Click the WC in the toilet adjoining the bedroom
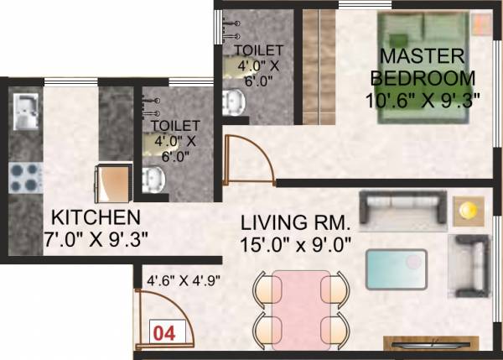click(232, 102)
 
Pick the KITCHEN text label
click(92, 215)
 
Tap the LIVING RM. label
click(293, 224)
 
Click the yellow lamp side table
click(465, 211)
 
